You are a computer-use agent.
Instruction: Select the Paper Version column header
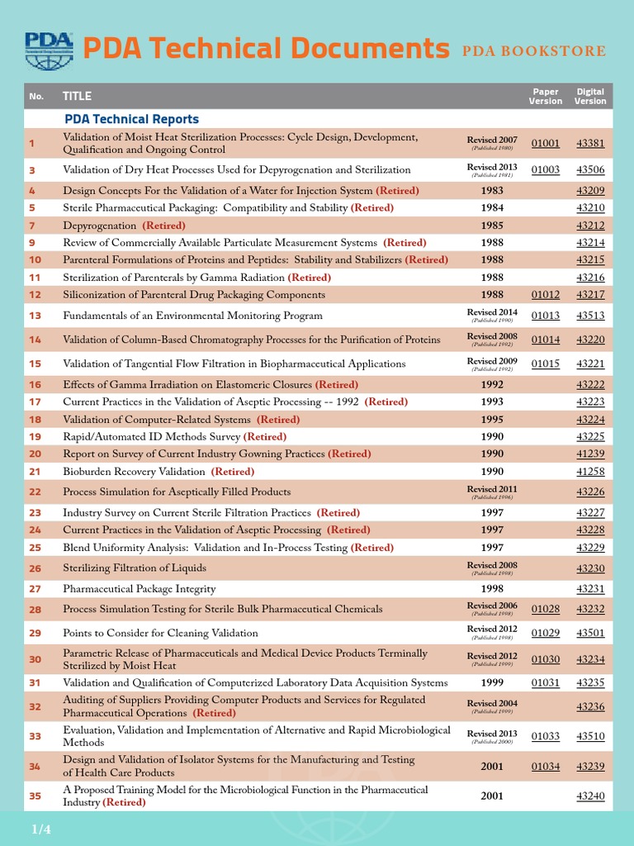[545, 96]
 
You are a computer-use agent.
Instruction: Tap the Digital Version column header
[590, 96]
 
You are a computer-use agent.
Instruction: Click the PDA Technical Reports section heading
[131, 119]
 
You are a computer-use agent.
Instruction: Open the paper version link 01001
[545, 143]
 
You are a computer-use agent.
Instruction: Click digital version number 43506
[590, 169]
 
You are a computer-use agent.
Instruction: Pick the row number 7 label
[32, 226]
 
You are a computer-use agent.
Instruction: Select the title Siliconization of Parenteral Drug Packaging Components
[194, 294]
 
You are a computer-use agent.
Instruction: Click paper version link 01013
[545, 315]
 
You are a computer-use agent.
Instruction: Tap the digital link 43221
[590, 364]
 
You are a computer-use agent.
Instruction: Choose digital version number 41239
[590, 454]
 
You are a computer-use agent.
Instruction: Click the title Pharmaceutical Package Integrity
[140, 588]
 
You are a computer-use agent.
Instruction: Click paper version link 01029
[545, 633]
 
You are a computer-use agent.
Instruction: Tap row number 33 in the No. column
[35, 736]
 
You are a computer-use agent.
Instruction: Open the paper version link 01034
[545, 767]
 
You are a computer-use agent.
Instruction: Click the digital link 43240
[590, 796]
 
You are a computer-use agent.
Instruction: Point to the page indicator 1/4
[41, 828]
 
